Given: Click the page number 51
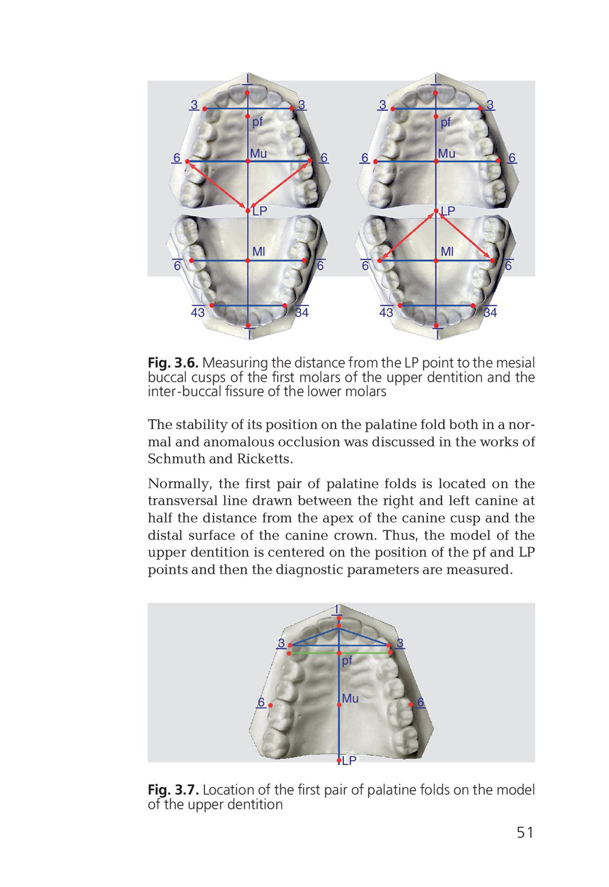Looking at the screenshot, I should (524, 832).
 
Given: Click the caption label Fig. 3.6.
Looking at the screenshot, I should (173, 363).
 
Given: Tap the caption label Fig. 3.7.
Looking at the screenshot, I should (173, 789).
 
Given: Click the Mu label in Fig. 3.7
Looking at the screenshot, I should (350, 699).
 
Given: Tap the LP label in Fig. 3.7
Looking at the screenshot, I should (349, 761).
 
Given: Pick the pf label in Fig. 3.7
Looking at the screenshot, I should (347, 661).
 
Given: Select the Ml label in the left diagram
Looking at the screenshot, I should (258, 251).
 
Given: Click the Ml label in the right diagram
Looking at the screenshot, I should (447, 251).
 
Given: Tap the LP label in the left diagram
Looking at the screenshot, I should (259, 212).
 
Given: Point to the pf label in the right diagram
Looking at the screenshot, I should (446, 122).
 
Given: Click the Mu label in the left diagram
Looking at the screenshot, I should (258, 154).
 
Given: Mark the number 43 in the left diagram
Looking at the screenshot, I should (198, 313).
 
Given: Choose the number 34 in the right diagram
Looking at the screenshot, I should (490, 313).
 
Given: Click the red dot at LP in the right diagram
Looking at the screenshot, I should (436, 212).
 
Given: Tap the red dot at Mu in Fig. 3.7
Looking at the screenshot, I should (339, 705).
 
